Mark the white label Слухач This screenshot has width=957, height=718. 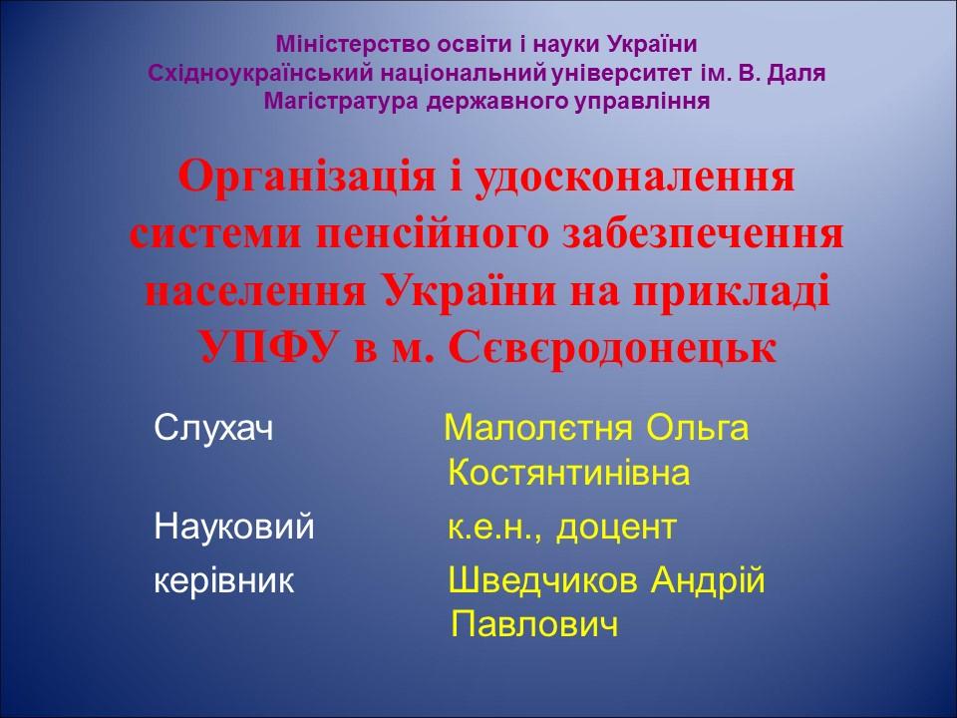[213, 429]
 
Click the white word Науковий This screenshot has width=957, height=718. [234, 526]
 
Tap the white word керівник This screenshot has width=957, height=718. [224, 579]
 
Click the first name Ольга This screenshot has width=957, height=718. [698, 429]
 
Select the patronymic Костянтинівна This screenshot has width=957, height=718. [568, 473]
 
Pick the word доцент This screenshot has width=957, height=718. [616, 526]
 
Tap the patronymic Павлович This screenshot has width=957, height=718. [534, 624]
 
